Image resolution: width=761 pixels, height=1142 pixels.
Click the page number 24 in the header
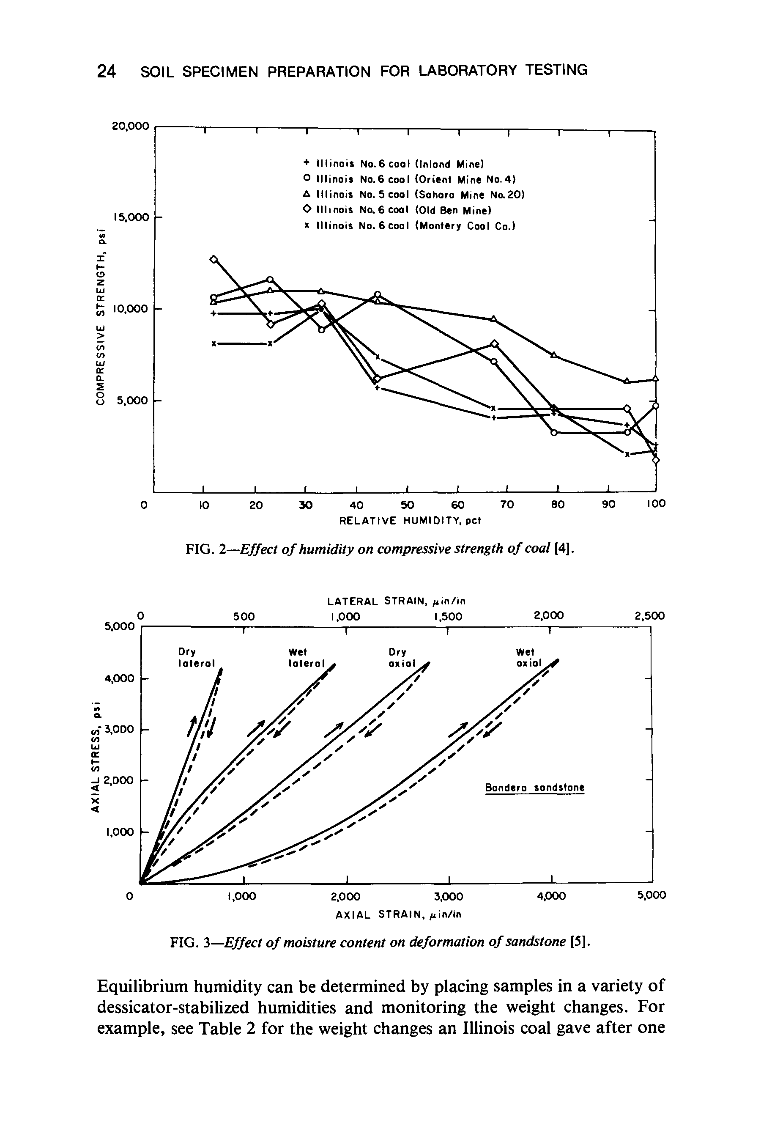coord(106,71)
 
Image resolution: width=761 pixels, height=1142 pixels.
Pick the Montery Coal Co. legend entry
coord(409,226)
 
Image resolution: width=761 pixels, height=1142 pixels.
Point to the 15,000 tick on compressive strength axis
coord(131,217)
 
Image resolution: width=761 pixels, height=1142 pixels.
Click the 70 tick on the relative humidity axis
coord(506,505)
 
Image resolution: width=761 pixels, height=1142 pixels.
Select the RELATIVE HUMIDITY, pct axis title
coord(409,521)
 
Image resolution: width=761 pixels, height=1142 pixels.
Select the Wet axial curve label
coord(528,657)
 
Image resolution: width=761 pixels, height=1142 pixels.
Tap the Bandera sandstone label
coord(535,788)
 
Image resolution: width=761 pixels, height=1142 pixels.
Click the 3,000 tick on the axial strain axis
coord(449,896)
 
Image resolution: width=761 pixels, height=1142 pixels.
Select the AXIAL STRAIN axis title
coord(398,915)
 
